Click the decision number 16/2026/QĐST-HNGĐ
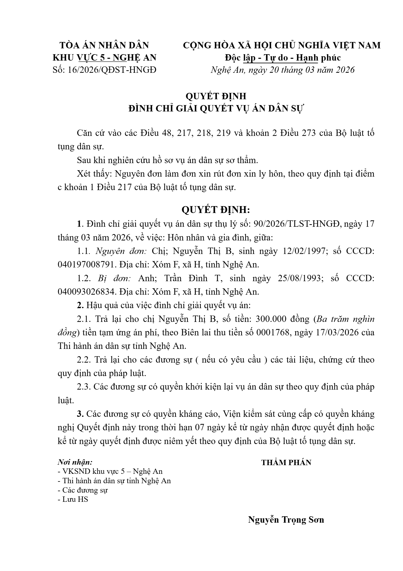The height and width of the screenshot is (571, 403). click(112, 70)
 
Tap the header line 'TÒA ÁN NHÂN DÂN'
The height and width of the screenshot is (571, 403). click(104, 45)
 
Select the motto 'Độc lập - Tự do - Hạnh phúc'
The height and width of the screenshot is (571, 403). click(282, 58)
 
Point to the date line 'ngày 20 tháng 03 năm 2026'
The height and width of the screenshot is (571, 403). click(301, 70)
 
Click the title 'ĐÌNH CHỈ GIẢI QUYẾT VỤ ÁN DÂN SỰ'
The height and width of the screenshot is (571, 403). click(216, 109)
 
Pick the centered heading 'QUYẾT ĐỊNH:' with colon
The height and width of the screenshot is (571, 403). click(216, 210)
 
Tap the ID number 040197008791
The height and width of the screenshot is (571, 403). click(86, 265)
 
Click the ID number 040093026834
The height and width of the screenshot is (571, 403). click(86, 292)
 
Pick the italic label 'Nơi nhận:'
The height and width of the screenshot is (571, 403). click(75, 462)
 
